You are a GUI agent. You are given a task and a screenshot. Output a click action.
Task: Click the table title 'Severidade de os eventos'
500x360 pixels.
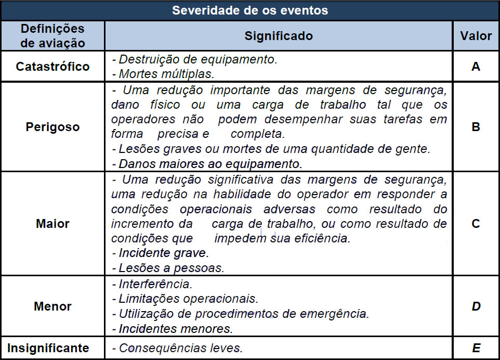click(x=250, y=10)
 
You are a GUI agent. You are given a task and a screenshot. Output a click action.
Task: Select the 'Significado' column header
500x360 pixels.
click(x=279, y=36)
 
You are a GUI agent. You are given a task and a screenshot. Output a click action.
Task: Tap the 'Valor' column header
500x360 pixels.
click(x=476, y=36)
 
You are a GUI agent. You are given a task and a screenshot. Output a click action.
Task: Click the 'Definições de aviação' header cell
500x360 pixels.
click(x=52, y=36)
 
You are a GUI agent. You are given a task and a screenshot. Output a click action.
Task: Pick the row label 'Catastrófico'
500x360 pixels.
click(x=52, y=67)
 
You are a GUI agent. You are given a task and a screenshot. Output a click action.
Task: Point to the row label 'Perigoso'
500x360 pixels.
click(x=52, y=126)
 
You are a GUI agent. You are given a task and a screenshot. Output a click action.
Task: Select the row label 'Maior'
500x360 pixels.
click(x=52, y=224)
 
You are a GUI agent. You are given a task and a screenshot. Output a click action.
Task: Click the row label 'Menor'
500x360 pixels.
click(x=52, y=306)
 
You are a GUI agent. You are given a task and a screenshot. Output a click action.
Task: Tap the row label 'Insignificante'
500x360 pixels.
click(x=52, y=348)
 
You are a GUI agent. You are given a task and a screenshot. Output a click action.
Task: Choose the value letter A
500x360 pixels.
click(x=476, y=67)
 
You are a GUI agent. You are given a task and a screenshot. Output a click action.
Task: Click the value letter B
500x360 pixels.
click(x=476, y=126)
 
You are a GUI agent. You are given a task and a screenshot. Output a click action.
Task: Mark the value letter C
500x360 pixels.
click(x=476, y=224)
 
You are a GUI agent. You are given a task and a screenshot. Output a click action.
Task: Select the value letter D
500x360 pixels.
click(x=476, y=306)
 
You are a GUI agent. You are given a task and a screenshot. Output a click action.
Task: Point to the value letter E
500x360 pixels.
click(x=476, y=348)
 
